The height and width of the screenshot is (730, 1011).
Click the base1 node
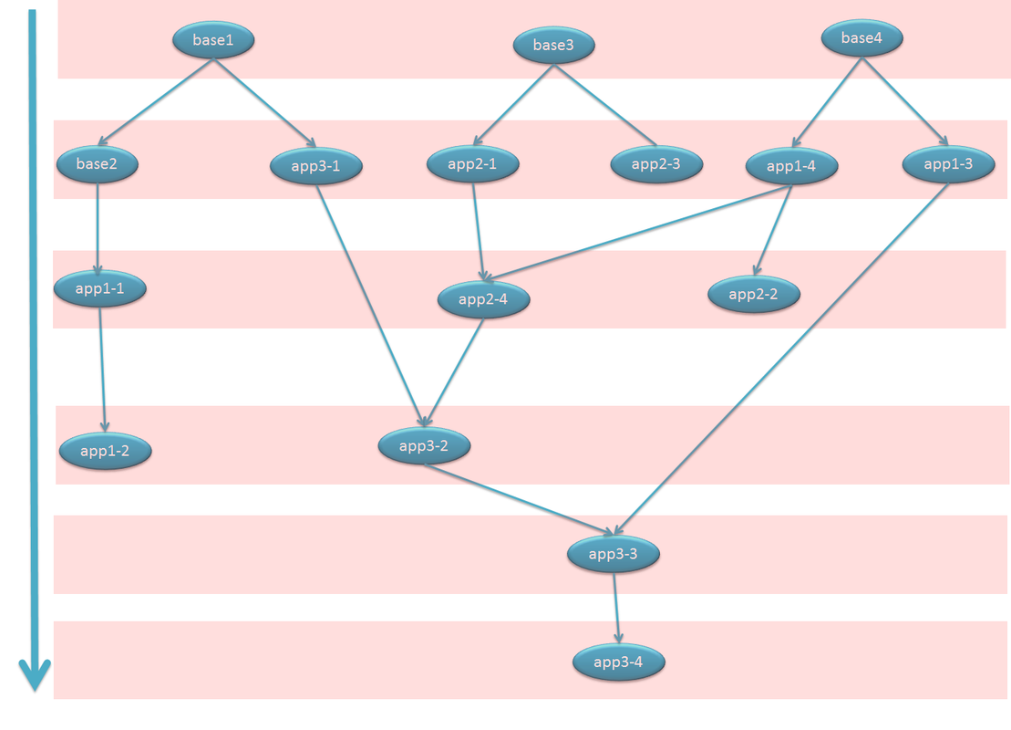click(213, 40)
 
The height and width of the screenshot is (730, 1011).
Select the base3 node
click(553, 45)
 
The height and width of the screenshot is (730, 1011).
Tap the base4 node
click(861, 38)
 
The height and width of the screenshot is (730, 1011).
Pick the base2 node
click(96, 164)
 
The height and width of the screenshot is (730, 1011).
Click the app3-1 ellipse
click(316, 166)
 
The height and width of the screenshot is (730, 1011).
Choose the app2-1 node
click(472, 164)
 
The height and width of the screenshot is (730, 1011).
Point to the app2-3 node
click(655, 164)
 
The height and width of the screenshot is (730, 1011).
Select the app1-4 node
click(791, 166)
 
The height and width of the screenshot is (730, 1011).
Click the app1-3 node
click(948, 164)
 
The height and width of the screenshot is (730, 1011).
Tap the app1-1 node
click(100, 288)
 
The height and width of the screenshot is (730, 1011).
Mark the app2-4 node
click(482, 299)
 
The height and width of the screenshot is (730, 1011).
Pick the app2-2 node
click(754, 294)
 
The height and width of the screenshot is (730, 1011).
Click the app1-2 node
click(105, 451)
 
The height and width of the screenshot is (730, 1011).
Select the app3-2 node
click(424, 446)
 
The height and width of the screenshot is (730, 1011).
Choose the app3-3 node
click(613, 554)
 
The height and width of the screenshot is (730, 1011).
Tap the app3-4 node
click(618, 662)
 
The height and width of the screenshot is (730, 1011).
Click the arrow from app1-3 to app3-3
click(784, 356)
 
